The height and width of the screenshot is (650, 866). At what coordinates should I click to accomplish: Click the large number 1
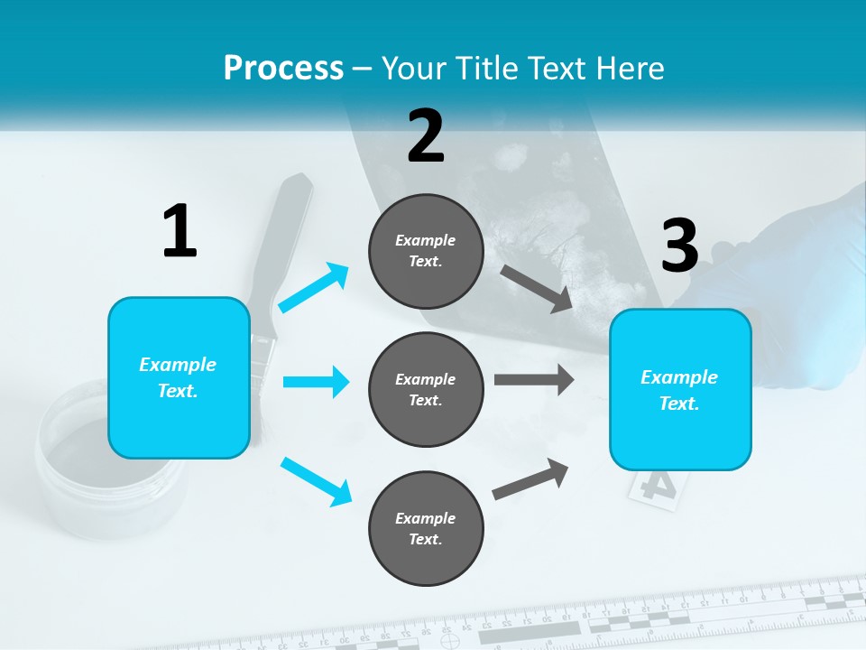[x=180, y=231]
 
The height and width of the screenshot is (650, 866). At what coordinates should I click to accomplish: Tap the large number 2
[x=426, y=135]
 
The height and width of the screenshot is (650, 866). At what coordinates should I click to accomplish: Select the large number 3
[x=679, y=246]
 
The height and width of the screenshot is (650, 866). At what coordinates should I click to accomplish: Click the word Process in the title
[x=283, y=68]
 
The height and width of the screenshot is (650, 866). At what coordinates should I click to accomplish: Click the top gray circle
[x=426, y=251]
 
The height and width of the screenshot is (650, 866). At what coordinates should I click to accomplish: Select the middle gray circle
[x=426, y=389]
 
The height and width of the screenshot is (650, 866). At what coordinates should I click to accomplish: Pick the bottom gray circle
[x=426, y=528]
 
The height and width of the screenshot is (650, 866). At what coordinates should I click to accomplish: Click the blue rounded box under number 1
[x=179, y=377]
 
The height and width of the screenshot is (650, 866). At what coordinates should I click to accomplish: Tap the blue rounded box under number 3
[x=680, y=390]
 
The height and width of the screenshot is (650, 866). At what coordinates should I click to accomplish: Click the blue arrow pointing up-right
[x=314, y=287]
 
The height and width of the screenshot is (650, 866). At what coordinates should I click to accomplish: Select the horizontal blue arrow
[x=316, y=382]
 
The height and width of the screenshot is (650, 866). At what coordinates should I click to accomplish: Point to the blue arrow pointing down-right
[x=316, y=481]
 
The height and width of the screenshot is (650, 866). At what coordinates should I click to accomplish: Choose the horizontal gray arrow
[x=533, y=379]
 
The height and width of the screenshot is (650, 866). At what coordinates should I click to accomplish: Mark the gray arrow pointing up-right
[x=530, y=478]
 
